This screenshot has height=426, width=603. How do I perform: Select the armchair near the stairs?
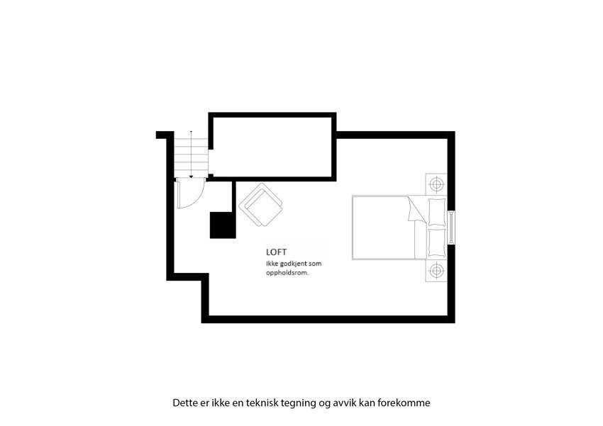coord(261,205)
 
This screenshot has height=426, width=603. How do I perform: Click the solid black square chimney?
coord(223,225)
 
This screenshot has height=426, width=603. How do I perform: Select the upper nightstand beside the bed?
coord(436,184)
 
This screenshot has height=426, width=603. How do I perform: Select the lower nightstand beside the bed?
coord(436,270)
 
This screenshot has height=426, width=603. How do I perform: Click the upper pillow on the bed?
coord(436,212)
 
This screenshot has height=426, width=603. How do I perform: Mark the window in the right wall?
coord(452,228)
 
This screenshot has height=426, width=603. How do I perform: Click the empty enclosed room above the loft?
coord(273,146)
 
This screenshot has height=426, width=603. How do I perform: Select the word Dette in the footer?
coord(186,403)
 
